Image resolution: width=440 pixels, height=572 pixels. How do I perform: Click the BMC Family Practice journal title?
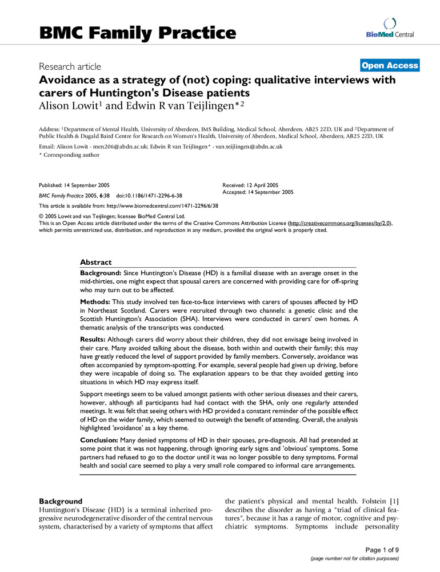pos(137,33)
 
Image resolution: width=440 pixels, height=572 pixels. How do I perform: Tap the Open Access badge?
pos(390,65)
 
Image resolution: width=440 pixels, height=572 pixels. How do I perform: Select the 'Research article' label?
pos(70,66)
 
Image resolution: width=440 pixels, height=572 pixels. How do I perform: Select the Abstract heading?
pos(97,262)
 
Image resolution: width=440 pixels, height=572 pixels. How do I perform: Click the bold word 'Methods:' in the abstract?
pos(95,300)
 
